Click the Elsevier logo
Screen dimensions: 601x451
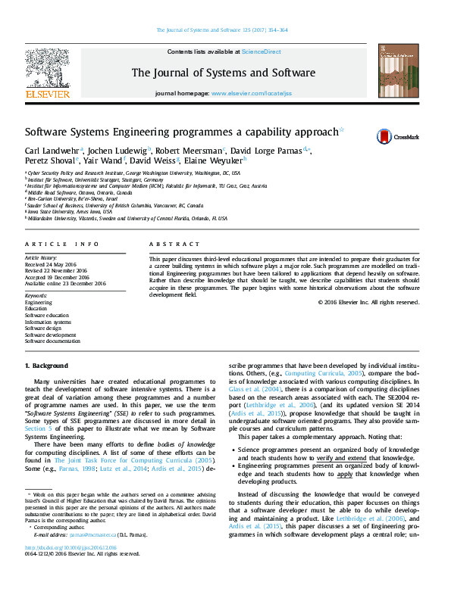coord(48,73)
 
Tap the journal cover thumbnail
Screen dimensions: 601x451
coord(400,71)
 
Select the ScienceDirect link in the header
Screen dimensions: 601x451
coord(261,51)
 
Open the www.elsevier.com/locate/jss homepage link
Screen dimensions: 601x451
coord(251,92)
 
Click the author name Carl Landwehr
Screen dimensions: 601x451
coord(52,150)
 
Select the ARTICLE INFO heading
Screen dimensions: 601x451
coord(62,244)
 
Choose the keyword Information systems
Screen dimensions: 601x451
coord(49,321)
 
